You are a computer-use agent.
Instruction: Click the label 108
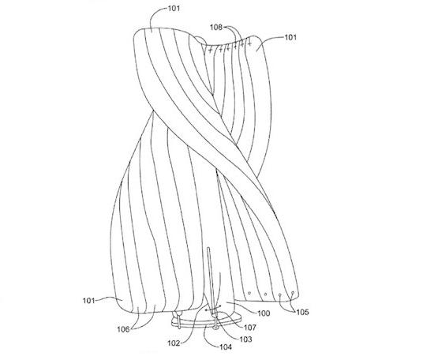click(216, 27)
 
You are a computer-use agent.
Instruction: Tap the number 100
click(264, 313)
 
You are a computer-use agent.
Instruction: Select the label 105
click(302, 312)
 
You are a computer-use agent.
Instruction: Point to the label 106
click(123, 329)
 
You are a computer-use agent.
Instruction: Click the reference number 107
click(249, 327)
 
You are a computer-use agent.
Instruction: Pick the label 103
click(245, 339)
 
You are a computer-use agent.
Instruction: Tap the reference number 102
click(174, 343)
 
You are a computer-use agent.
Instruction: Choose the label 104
click(226, 347)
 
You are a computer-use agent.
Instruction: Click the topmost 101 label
click(174, 9)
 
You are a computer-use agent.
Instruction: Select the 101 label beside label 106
click(88, 301)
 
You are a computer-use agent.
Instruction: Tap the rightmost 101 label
click(290, 37)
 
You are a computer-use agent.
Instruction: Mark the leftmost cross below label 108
click(211, 51)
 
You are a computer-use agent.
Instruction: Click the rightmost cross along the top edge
click(249, 43)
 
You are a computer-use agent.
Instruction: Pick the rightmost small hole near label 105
click(293, 293)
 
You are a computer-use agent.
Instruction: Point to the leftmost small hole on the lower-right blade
click(249, 293)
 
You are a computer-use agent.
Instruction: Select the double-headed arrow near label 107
click(213, 309)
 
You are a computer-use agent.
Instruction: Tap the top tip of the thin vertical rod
click(208, 248)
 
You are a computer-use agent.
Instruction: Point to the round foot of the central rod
click(215, 327)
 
